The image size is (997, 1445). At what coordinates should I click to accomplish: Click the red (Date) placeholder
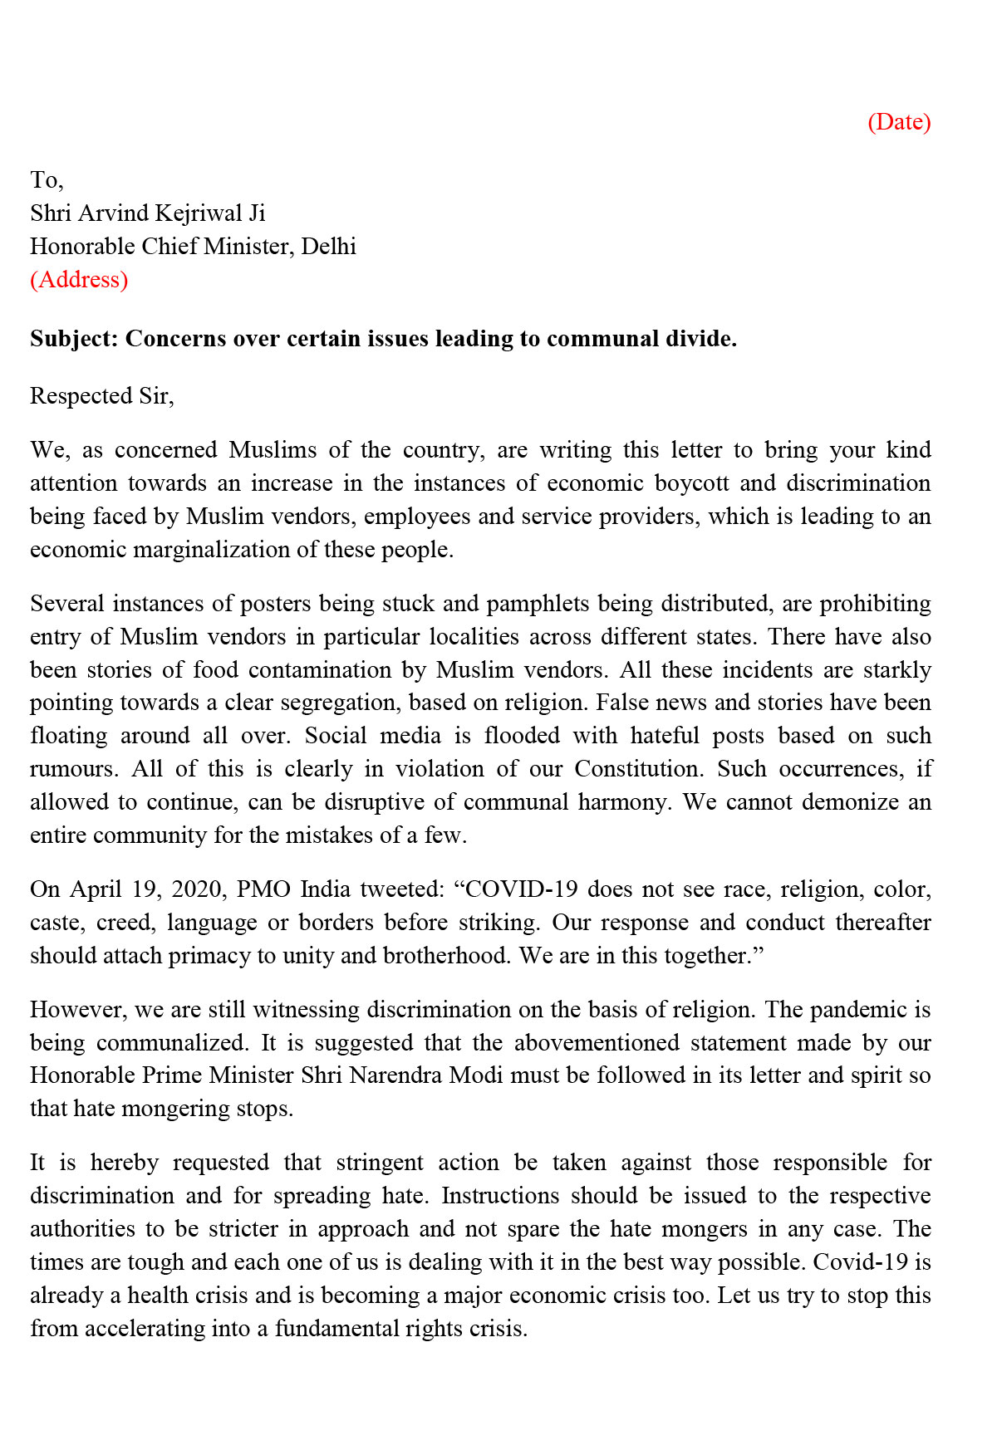(899, 122)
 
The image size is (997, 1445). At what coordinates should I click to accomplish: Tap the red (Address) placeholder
(79, 280)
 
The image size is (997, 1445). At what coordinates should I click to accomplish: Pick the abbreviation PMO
(263, 889)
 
